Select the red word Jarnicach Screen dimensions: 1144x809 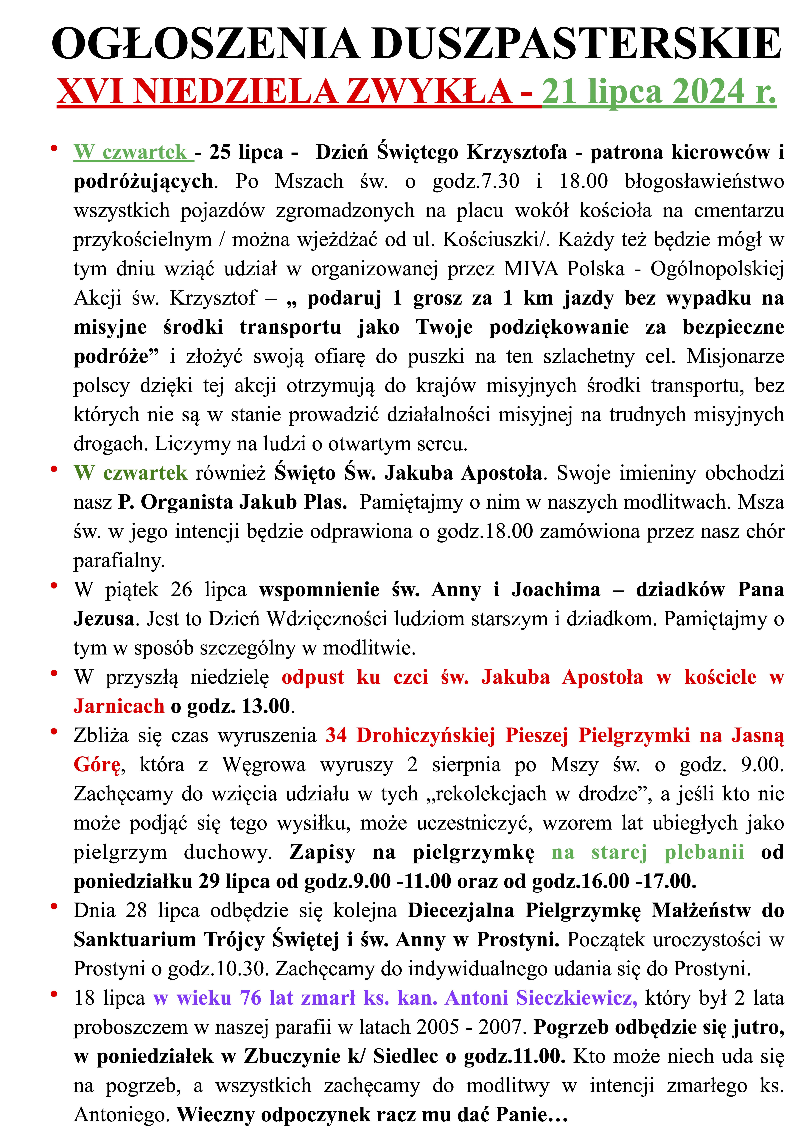(x=119, y=707)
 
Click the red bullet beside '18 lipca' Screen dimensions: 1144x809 (x=54, y=995)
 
